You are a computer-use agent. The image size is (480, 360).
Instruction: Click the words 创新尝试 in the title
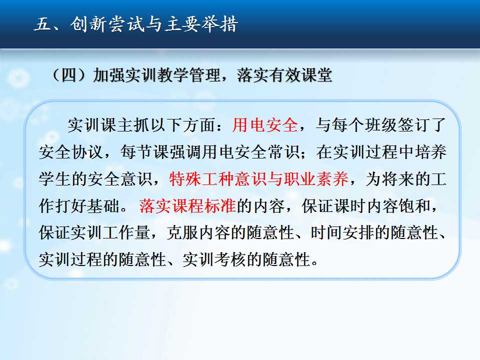[107, 24]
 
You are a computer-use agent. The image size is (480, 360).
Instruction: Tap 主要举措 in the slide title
[201, 24]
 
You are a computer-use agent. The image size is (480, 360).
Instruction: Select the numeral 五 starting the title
[43, 24]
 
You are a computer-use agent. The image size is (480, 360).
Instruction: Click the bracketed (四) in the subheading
[69, 75]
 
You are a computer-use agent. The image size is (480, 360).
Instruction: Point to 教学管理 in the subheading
[189, 75]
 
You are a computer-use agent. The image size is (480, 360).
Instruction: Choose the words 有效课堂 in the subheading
[300, 75]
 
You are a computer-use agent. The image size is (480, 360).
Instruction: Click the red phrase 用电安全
[265, 125]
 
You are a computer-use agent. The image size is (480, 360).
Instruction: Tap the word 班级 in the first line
[381, 125]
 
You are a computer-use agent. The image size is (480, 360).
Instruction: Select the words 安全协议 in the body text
[71, 152]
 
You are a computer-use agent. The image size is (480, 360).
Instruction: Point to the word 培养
[430, 152]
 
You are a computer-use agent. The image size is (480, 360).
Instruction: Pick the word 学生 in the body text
[55, 179]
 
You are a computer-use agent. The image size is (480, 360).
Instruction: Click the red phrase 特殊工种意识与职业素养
[258, 179]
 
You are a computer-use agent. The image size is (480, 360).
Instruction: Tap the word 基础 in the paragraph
[103, 205]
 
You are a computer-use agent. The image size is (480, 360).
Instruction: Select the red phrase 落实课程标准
[187, 205]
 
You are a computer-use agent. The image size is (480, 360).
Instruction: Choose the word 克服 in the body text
[183, 232]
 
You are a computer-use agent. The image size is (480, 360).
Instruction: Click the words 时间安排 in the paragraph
[342, 232]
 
